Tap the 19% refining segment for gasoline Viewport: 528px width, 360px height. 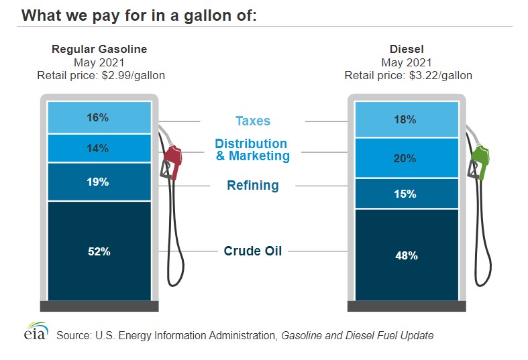[99, 182]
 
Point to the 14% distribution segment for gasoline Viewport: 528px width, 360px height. [99, 148]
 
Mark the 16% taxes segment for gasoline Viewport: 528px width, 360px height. [99, 117]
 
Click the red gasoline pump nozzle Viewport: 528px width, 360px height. [172, 161]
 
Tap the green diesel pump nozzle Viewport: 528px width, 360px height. [480, 161]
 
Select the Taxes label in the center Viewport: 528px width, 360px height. [253, 121]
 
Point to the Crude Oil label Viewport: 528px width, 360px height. [252, 251]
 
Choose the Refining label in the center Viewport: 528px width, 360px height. [252, 186]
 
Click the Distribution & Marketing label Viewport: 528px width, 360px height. [252, 150]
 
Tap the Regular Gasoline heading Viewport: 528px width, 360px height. [99, 50]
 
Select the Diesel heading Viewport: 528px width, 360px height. [408, 50]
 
